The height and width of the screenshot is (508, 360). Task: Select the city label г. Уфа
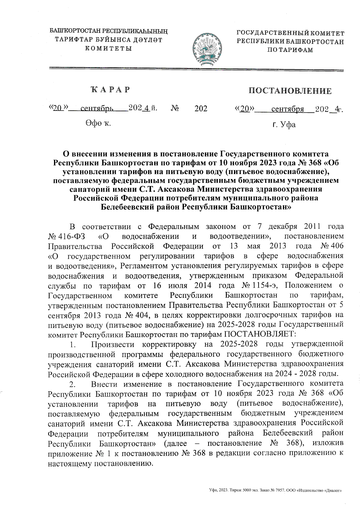tap(283, 124)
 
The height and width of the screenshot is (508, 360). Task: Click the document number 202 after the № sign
tap(201, 108)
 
